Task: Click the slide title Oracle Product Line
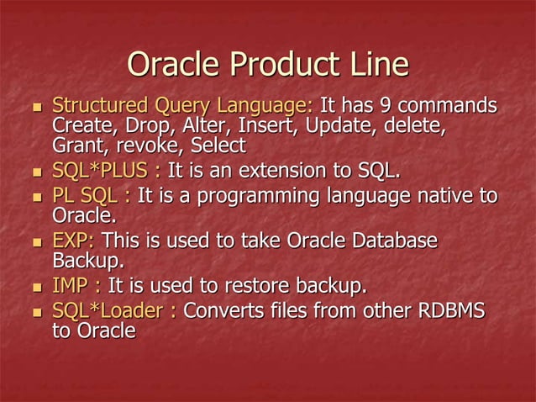267,65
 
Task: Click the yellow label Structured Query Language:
182,108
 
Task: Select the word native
445,198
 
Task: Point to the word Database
393,241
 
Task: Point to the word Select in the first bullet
217,145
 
